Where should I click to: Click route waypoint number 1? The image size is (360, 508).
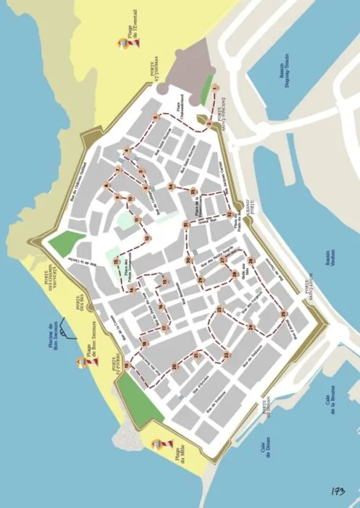[x=215, y=89]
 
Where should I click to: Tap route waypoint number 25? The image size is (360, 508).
[x=284, y=314]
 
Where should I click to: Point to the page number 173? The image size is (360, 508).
[x=334, y=492]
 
